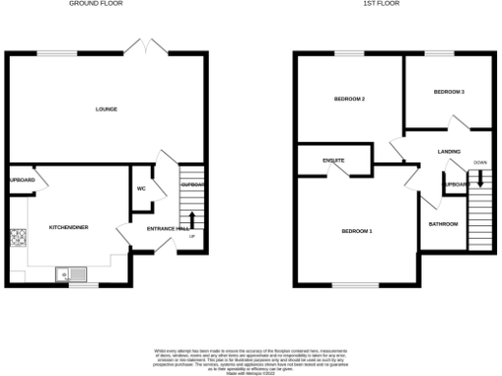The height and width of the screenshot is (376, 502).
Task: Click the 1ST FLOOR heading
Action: pos(378,4)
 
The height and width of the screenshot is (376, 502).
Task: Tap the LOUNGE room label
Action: pos(106,109)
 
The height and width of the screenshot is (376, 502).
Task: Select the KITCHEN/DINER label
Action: pos(69,227)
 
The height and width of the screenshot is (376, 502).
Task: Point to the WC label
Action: pos(142,188)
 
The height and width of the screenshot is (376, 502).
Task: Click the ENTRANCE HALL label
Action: pos(167,228)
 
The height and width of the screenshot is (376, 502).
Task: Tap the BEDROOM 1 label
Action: pos(357,231)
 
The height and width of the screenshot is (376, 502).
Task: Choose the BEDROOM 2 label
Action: pos(349,99)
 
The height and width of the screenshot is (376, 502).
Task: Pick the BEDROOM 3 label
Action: pos(449,92)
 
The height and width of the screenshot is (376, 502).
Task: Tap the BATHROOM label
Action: pos(443,224)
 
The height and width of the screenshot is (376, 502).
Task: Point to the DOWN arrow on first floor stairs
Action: pos(480,177)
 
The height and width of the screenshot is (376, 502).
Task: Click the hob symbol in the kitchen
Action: pos(17,237)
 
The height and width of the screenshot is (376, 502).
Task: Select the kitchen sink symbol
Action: pos(74,273)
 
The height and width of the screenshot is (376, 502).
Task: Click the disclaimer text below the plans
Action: pos(250,357)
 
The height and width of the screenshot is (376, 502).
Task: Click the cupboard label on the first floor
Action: pos(454,185)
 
